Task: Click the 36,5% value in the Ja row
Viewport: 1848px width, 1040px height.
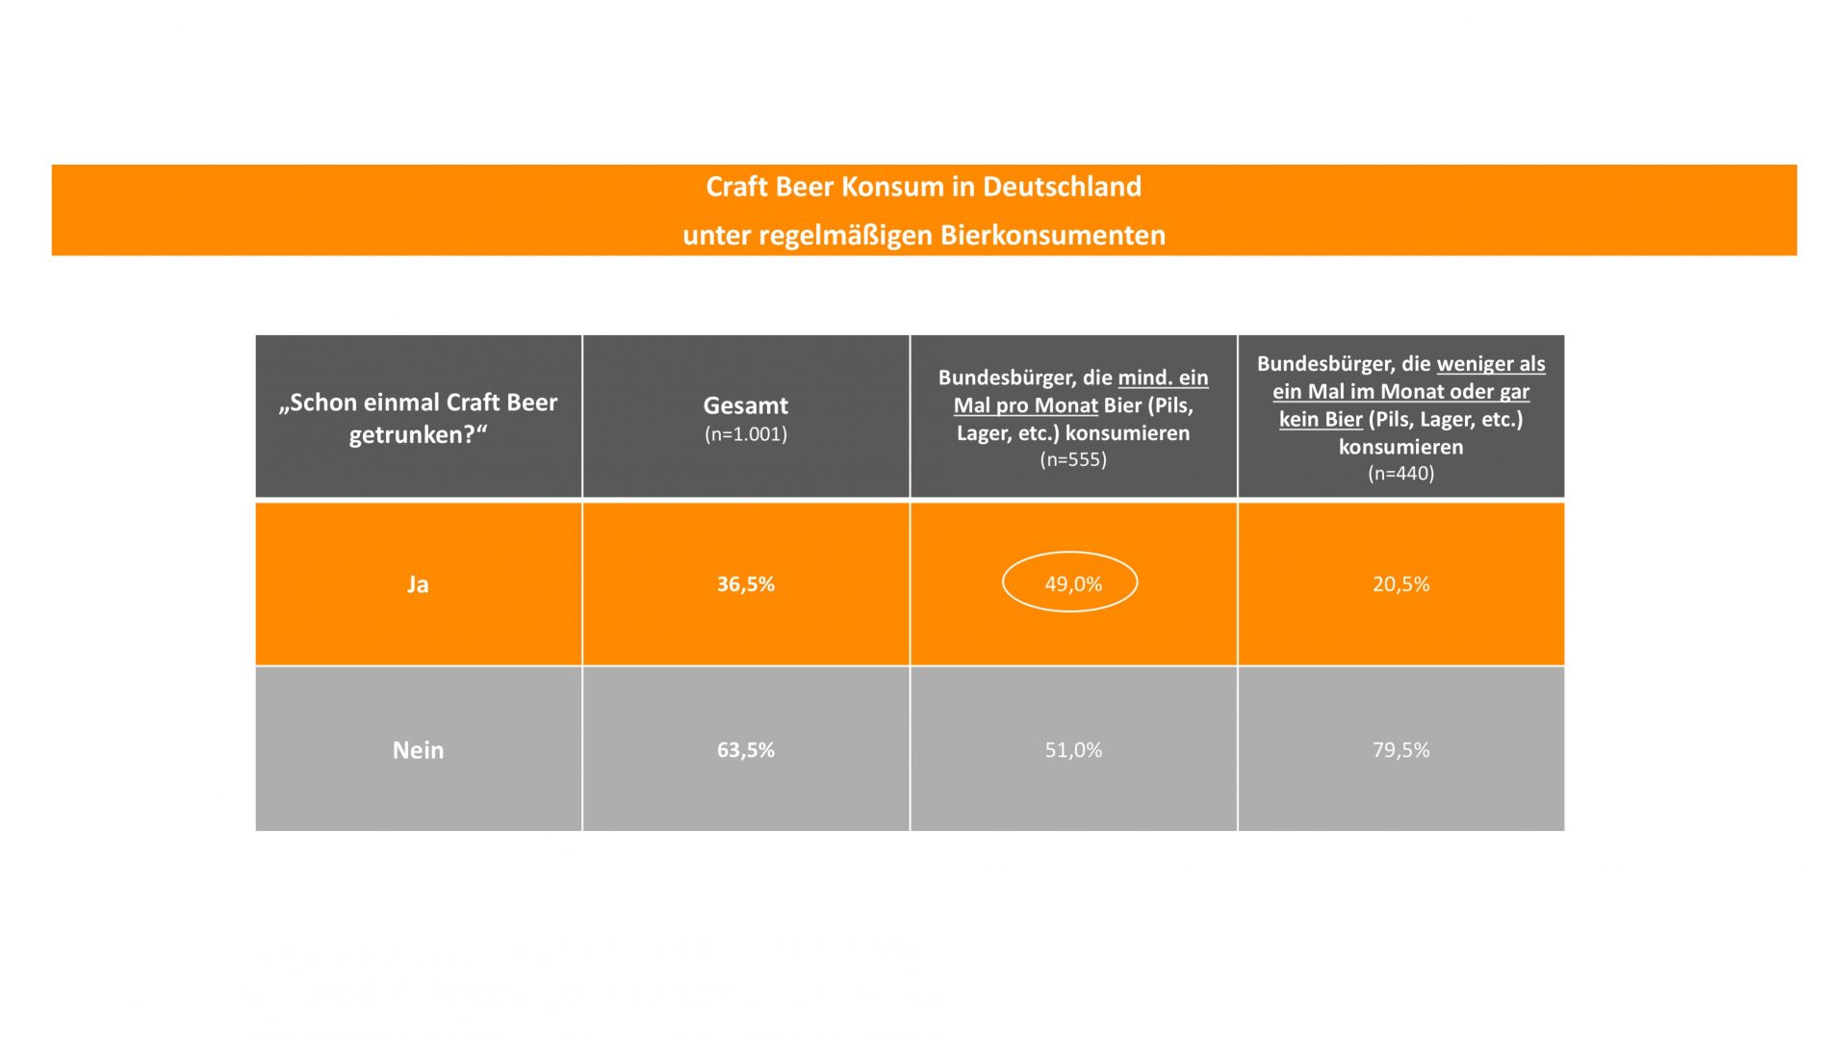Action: (x=745, y=584)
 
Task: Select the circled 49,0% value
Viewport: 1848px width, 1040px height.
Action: (x=1072, y=584)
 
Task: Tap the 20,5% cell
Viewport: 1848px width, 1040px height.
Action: (x=1400, y=584)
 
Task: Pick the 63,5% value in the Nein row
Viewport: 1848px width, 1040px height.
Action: (x=745, y=749)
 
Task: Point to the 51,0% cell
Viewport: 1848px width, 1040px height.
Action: (x=1073, y=749)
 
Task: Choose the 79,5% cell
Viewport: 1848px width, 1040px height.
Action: (x=1400, y=749)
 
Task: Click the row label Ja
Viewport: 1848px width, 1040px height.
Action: (x=418, y=585)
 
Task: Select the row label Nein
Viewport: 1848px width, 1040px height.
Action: (x=418, y=750)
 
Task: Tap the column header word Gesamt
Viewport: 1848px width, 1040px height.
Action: (x=745, y=405)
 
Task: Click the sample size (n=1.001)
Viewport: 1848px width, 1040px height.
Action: (x=745, y=434)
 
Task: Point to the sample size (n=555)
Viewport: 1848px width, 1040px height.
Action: (x=1073, y=459)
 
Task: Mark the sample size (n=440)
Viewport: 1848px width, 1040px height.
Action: (x=1400, y=473)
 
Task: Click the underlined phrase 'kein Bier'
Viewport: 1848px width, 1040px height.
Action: (x=1320, y=419)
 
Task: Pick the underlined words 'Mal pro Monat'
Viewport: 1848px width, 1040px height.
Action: (x=1025, y=405)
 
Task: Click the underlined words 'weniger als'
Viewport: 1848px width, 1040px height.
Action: (x=1490, y=364)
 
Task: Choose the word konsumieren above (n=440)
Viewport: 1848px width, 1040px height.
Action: (x=1400, y=447)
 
